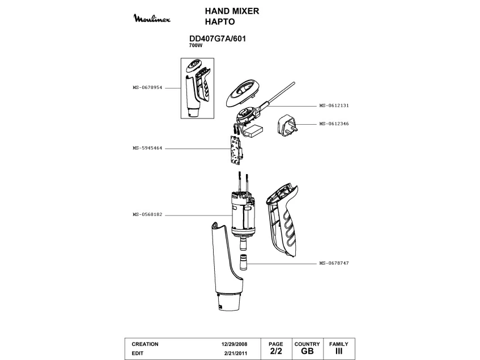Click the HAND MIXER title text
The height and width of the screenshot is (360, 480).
(x=232, y=11)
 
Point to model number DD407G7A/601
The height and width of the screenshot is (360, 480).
(x=216, y=39)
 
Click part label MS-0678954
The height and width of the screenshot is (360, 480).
(x=147, y=88)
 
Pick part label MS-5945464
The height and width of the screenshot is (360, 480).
(x=147, y=149)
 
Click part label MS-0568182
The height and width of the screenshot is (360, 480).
(x=147, y=215)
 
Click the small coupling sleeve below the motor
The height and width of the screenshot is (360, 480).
(x=243, y=263)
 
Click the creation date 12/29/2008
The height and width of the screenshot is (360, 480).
(x=235, y=344)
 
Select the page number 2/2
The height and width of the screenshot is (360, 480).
(x=275, y=351)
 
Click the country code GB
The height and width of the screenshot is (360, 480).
(x=307, y=351)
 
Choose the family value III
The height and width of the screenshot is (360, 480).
(x=339, y=351)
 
